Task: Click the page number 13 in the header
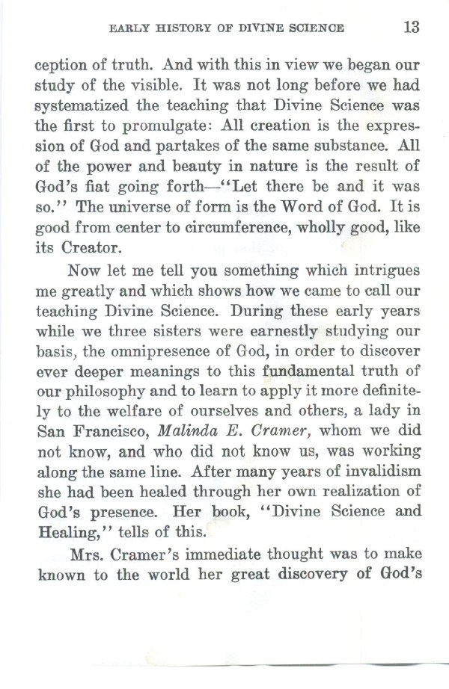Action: (410, 28)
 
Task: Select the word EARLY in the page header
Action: (129, 30)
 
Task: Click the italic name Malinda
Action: (178, 424)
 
